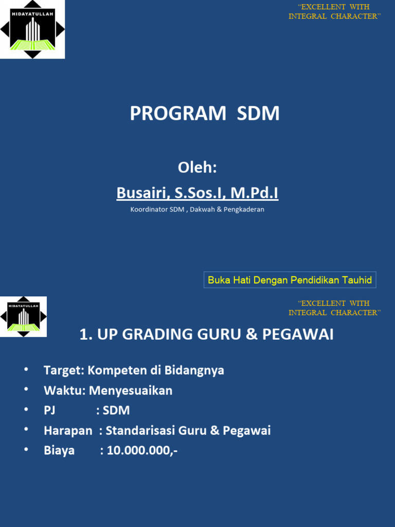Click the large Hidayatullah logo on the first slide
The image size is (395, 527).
pyautogui.click(x=32, y=29)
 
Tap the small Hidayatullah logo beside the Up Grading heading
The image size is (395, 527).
pyautogui.click(x=23, y=317)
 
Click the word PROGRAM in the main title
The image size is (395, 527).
pyautogui.click(x=178, y=114)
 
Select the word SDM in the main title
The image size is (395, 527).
pyautogui.click(x=258, y=114)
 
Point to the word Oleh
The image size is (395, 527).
pyautogui.click(x=197, y=167)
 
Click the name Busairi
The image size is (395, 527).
pyautogui.click(x=142, y=193)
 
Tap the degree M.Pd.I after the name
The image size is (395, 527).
pyautogui.click(x=255, y=193)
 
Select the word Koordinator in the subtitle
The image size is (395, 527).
pyautogui.click(x=149, y=209)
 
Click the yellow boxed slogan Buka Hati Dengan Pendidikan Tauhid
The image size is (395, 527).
pyautogui.click(x=290, y=280)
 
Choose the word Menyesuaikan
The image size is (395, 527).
pyautogui.click(x=131, y=391)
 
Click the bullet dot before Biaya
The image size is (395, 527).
pyautogui.click(x=26, y=450)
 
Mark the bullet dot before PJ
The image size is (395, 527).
pyautogui.click(x=26, y=410)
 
